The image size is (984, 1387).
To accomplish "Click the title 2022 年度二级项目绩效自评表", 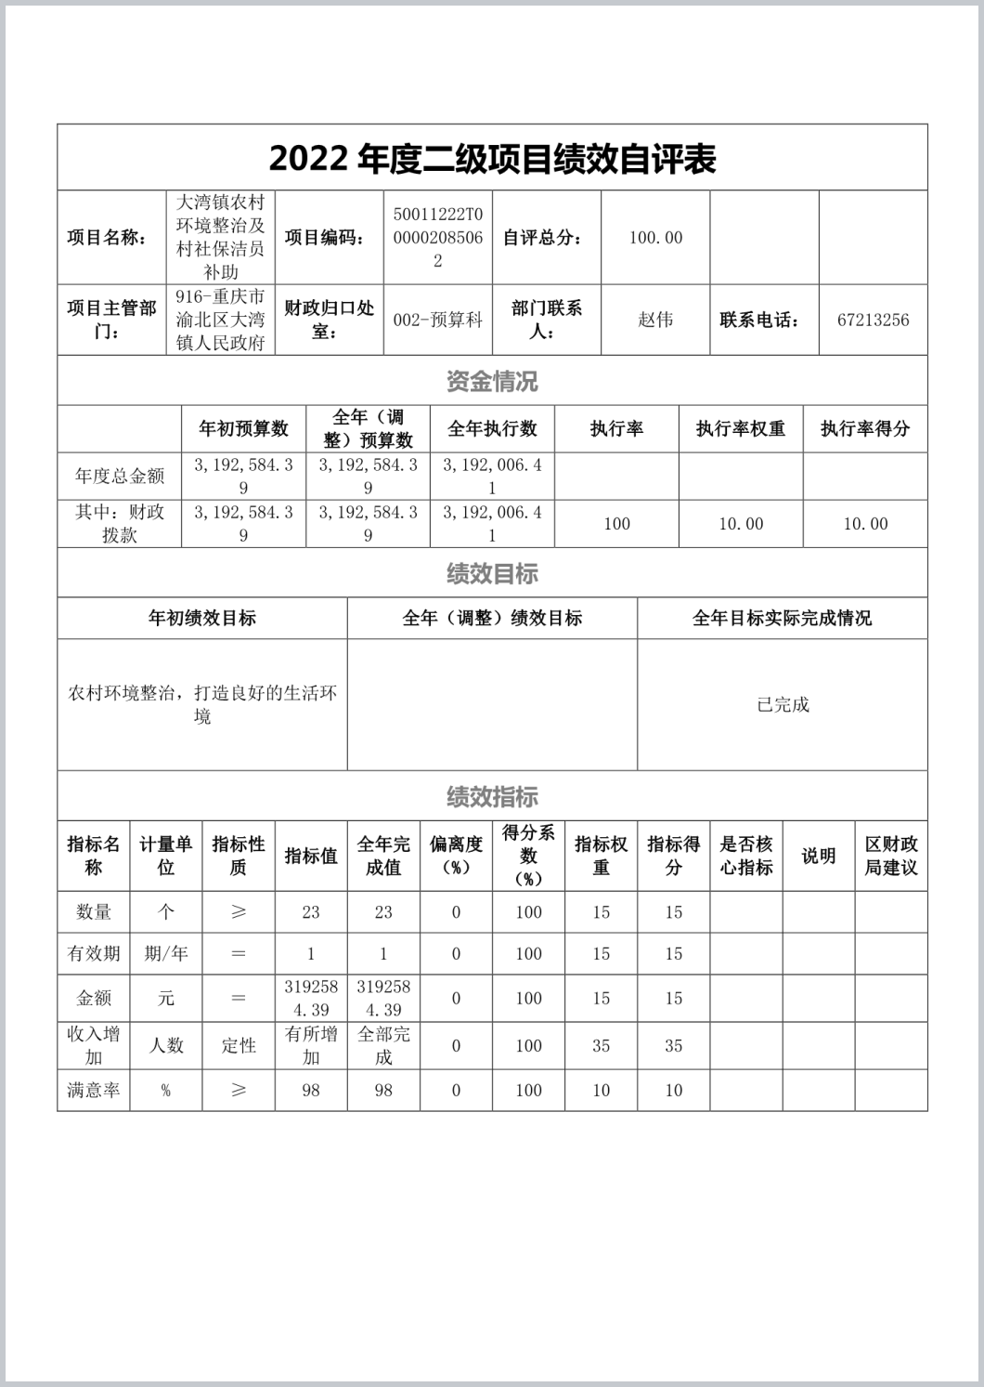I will (492, 159).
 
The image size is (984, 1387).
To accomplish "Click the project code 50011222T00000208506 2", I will (437, 238).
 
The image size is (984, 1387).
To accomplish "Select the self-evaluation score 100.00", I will (655, 238).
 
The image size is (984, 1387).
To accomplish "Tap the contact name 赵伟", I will (655, 320).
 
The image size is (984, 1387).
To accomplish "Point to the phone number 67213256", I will (873, 320).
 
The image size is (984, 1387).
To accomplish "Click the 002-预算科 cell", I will (437, 320).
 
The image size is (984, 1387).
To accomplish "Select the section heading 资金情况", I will (492, 381).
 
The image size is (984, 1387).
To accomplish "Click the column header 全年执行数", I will (492, 429).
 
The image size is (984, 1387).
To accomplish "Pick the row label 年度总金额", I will (120, 477).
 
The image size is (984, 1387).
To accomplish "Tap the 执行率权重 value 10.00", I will (741, 524).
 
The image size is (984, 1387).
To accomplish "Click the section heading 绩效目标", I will (492, 573).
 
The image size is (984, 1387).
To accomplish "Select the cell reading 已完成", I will (783, 705).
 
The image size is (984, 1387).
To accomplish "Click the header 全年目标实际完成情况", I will (783, 619).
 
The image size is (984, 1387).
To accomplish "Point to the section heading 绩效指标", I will (492, 796).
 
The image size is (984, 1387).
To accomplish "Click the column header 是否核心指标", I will (746, 856).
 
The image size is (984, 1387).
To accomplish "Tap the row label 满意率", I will (94, 1091).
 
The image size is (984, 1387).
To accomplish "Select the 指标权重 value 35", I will (602, 1046).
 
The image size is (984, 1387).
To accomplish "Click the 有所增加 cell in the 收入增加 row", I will (311, 1046).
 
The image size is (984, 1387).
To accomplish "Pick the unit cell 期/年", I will (166, 954).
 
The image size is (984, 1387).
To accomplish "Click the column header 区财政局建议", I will (891, 856).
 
